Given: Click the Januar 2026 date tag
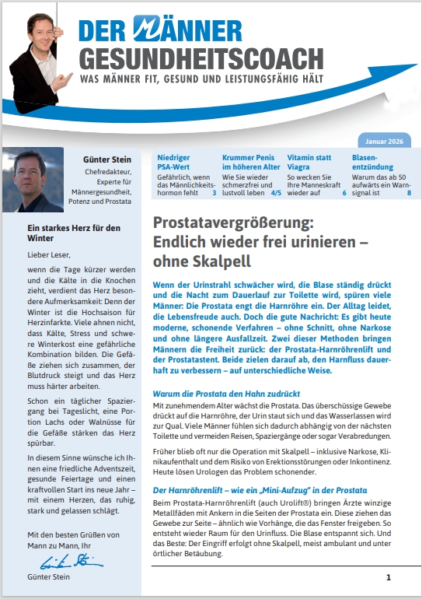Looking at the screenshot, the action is click(385, 141).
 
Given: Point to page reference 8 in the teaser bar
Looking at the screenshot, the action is click(410, 191).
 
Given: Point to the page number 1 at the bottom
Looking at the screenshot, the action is click(389, 577).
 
